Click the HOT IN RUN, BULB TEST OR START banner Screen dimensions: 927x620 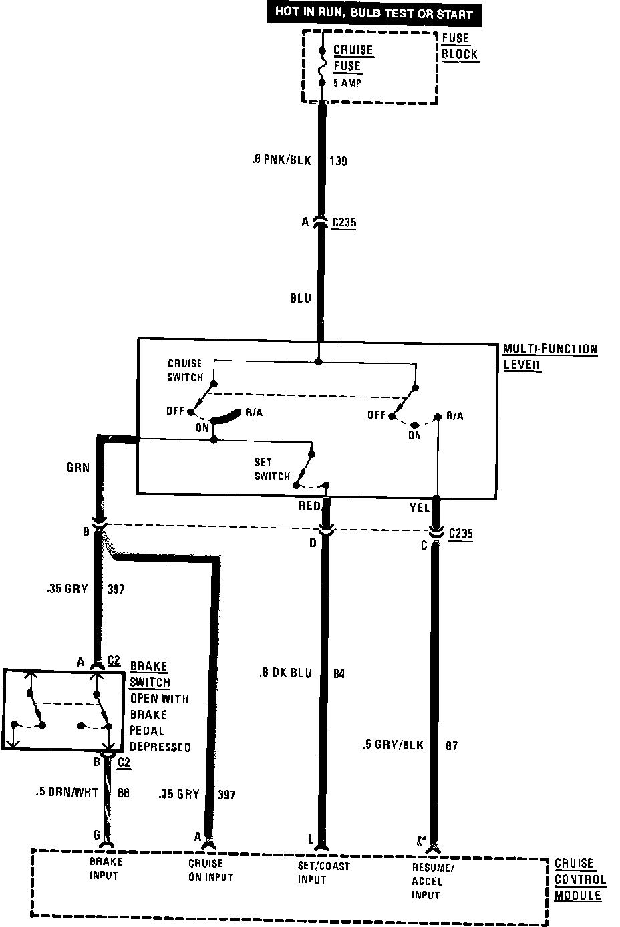(x=374, y=13)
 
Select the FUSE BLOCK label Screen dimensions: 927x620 (x=460, y=46)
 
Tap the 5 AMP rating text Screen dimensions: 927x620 (x=347, y=83)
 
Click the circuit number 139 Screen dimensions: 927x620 (x=338, y=161)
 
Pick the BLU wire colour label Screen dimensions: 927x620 (x=300, y=298)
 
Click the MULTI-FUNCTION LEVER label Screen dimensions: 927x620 (x=549, y=357)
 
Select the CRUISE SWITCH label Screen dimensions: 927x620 (x=185, y=370)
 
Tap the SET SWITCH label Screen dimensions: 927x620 (x=272, y=469)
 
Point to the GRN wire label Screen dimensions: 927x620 (x=77, y=468)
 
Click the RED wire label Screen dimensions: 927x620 (x=309, y=506)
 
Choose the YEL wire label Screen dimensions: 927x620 (x=419, y=508)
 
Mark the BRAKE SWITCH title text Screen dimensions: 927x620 (x=149, y=674)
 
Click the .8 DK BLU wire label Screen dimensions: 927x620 (x=285, y=673)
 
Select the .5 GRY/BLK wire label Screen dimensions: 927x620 (x=393, y=745)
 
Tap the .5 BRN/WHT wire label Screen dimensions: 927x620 (x=67, y=793)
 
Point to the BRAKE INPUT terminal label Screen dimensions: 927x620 (x=106, y=868)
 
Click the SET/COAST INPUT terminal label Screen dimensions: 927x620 (x=323, y=872)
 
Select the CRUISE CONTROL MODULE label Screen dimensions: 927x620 (x=580, y=879)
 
